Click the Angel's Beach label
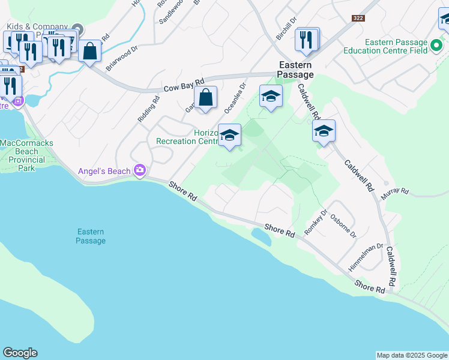point(104,171)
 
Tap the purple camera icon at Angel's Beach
point(140,171)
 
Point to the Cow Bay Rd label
point(184,85)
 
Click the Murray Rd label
point(395,192)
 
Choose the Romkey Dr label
point(316,221)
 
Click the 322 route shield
point(359,19)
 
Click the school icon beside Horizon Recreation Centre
point(229,136)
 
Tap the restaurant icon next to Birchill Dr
point(307,40)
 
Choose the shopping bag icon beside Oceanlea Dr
point(205,97)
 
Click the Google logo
point(20,353)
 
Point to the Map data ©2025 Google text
point(412,355)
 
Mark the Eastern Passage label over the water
point(91,236)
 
